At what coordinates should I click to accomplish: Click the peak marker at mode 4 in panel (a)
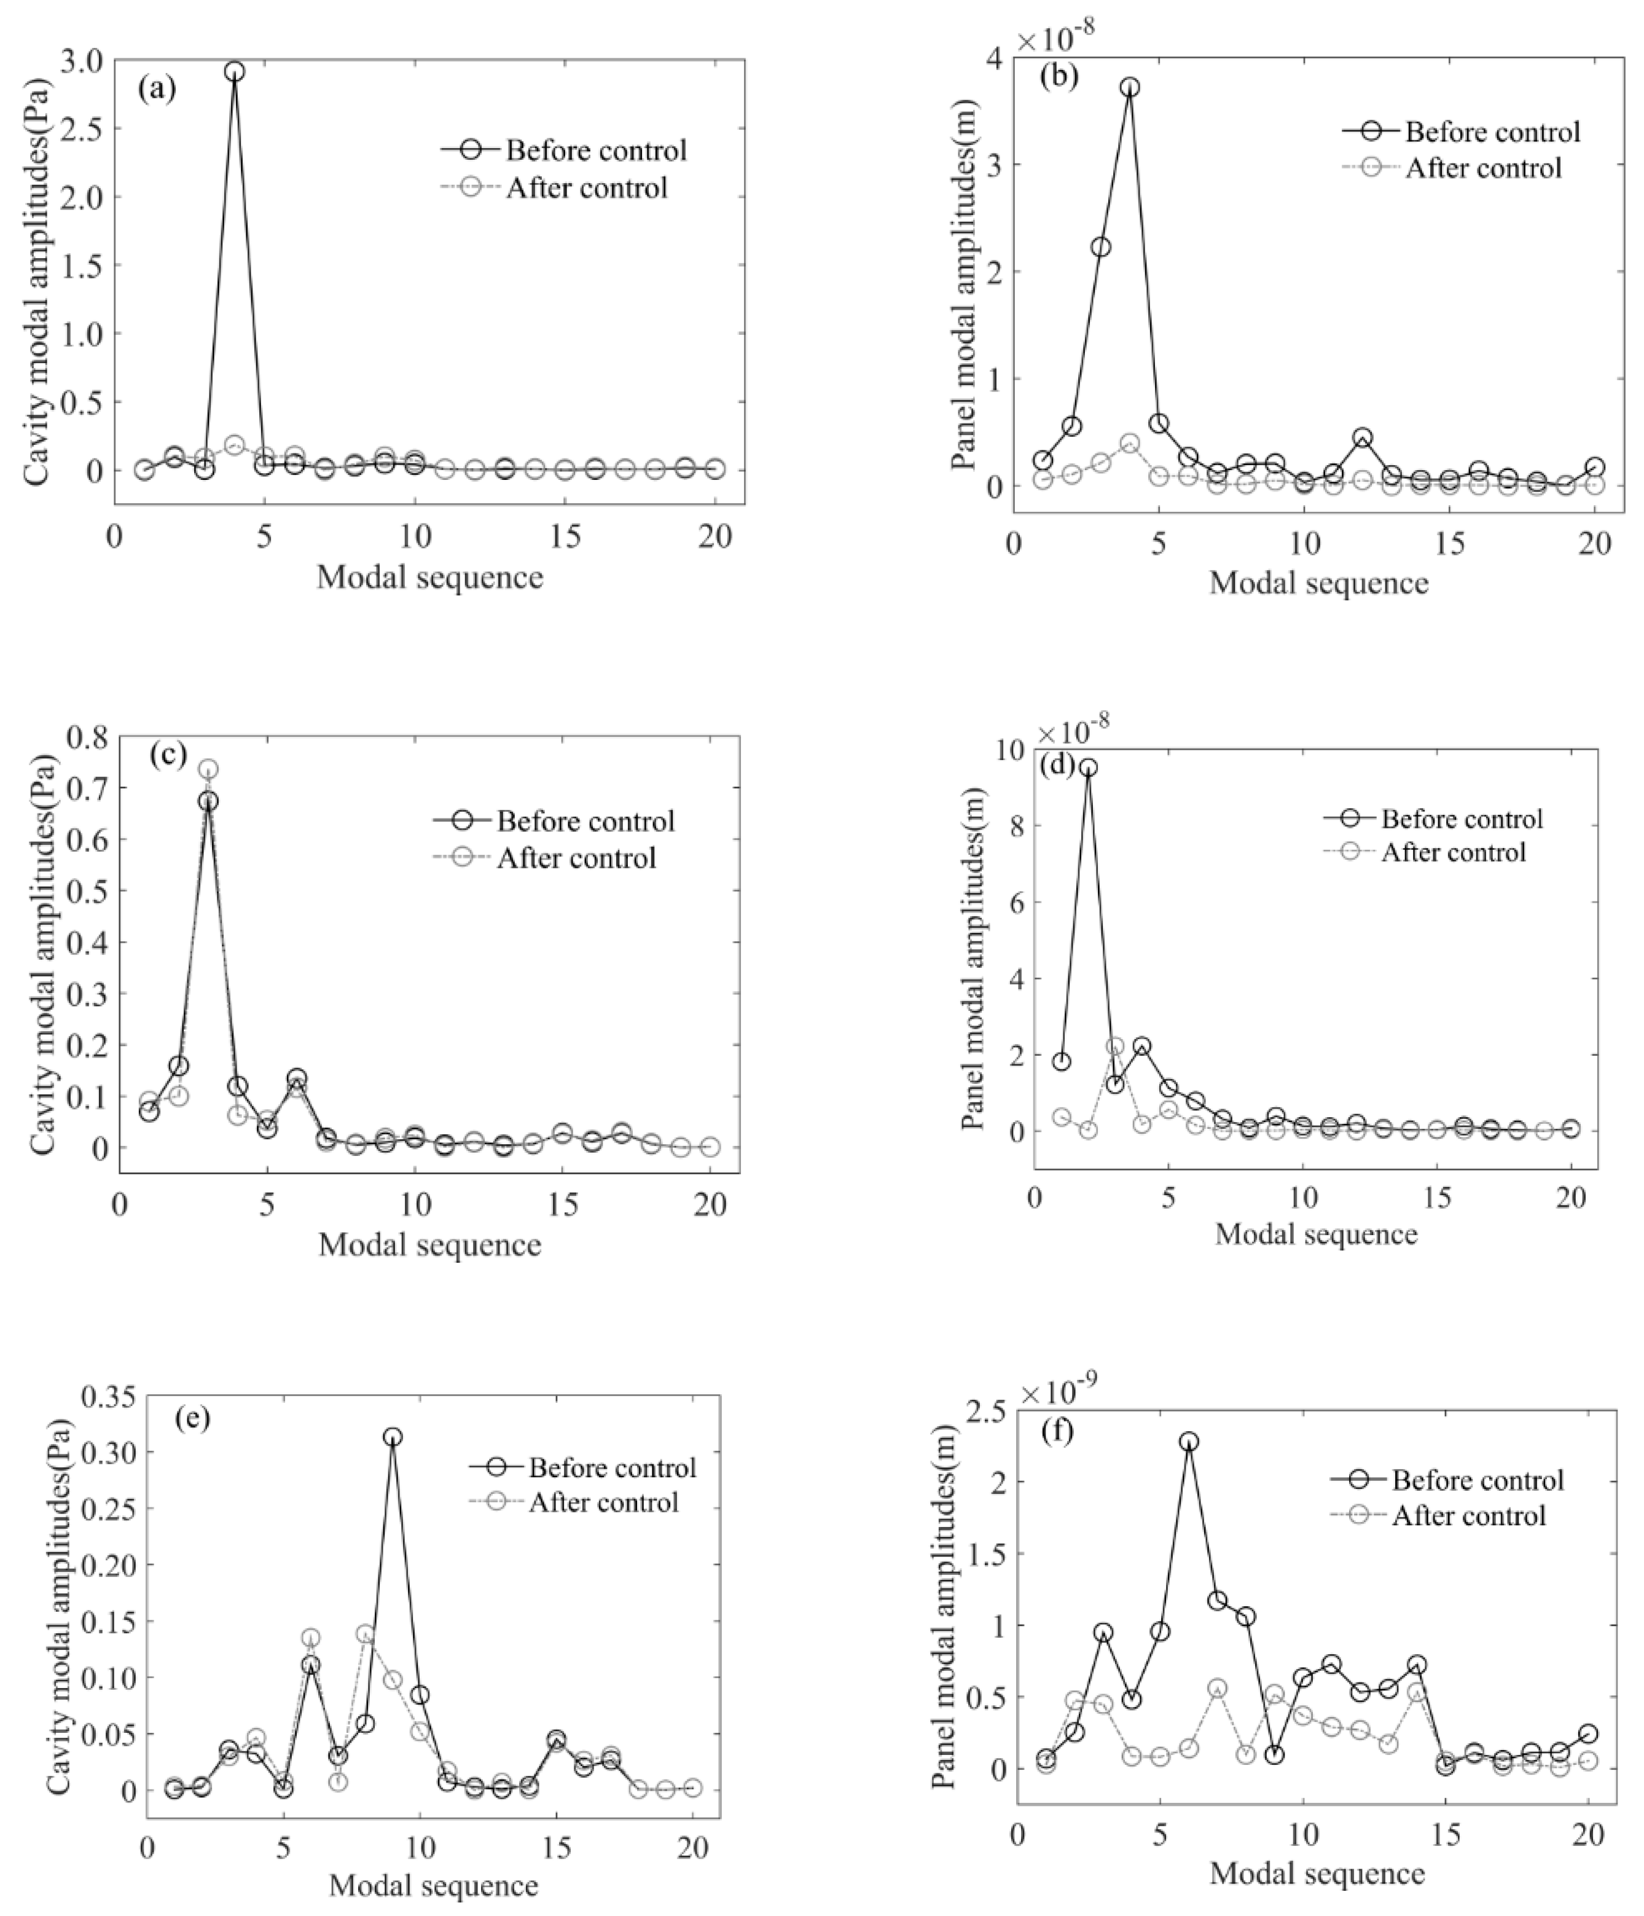coord(235,72)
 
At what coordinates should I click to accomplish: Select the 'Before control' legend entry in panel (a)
coord(595,150)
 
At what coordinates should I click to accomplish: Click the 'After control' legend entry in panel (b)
coord(1483,168)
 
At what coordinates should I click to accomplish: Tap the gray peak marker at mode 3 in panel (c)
coord(209,769)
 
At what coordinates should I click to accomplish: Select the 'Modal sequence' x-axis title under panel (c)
coord(429,1244)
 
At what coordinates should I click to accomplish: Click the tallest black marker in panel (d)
coord(1088,768)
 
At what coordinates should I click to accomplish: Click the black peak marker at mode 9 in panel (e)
coord(393,1437)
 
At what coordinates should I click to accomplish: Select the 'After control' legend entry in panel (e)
coord(603,1502)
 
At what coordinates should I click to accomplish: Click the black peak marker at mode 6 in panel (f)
coord(1190,1442)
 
